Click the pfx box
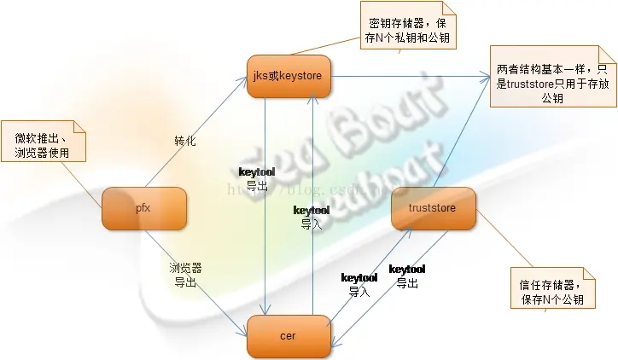coord(143,209)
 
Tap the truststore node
coord(434,208)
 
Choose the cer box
coord(288,336)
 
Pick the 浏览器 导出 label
coord(185,275)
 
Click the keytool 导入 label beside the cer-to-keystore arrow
coord(312,218)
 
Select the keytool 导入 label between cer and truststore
coord(359,284)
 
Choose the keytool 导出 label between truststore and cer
coord(407,276)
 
